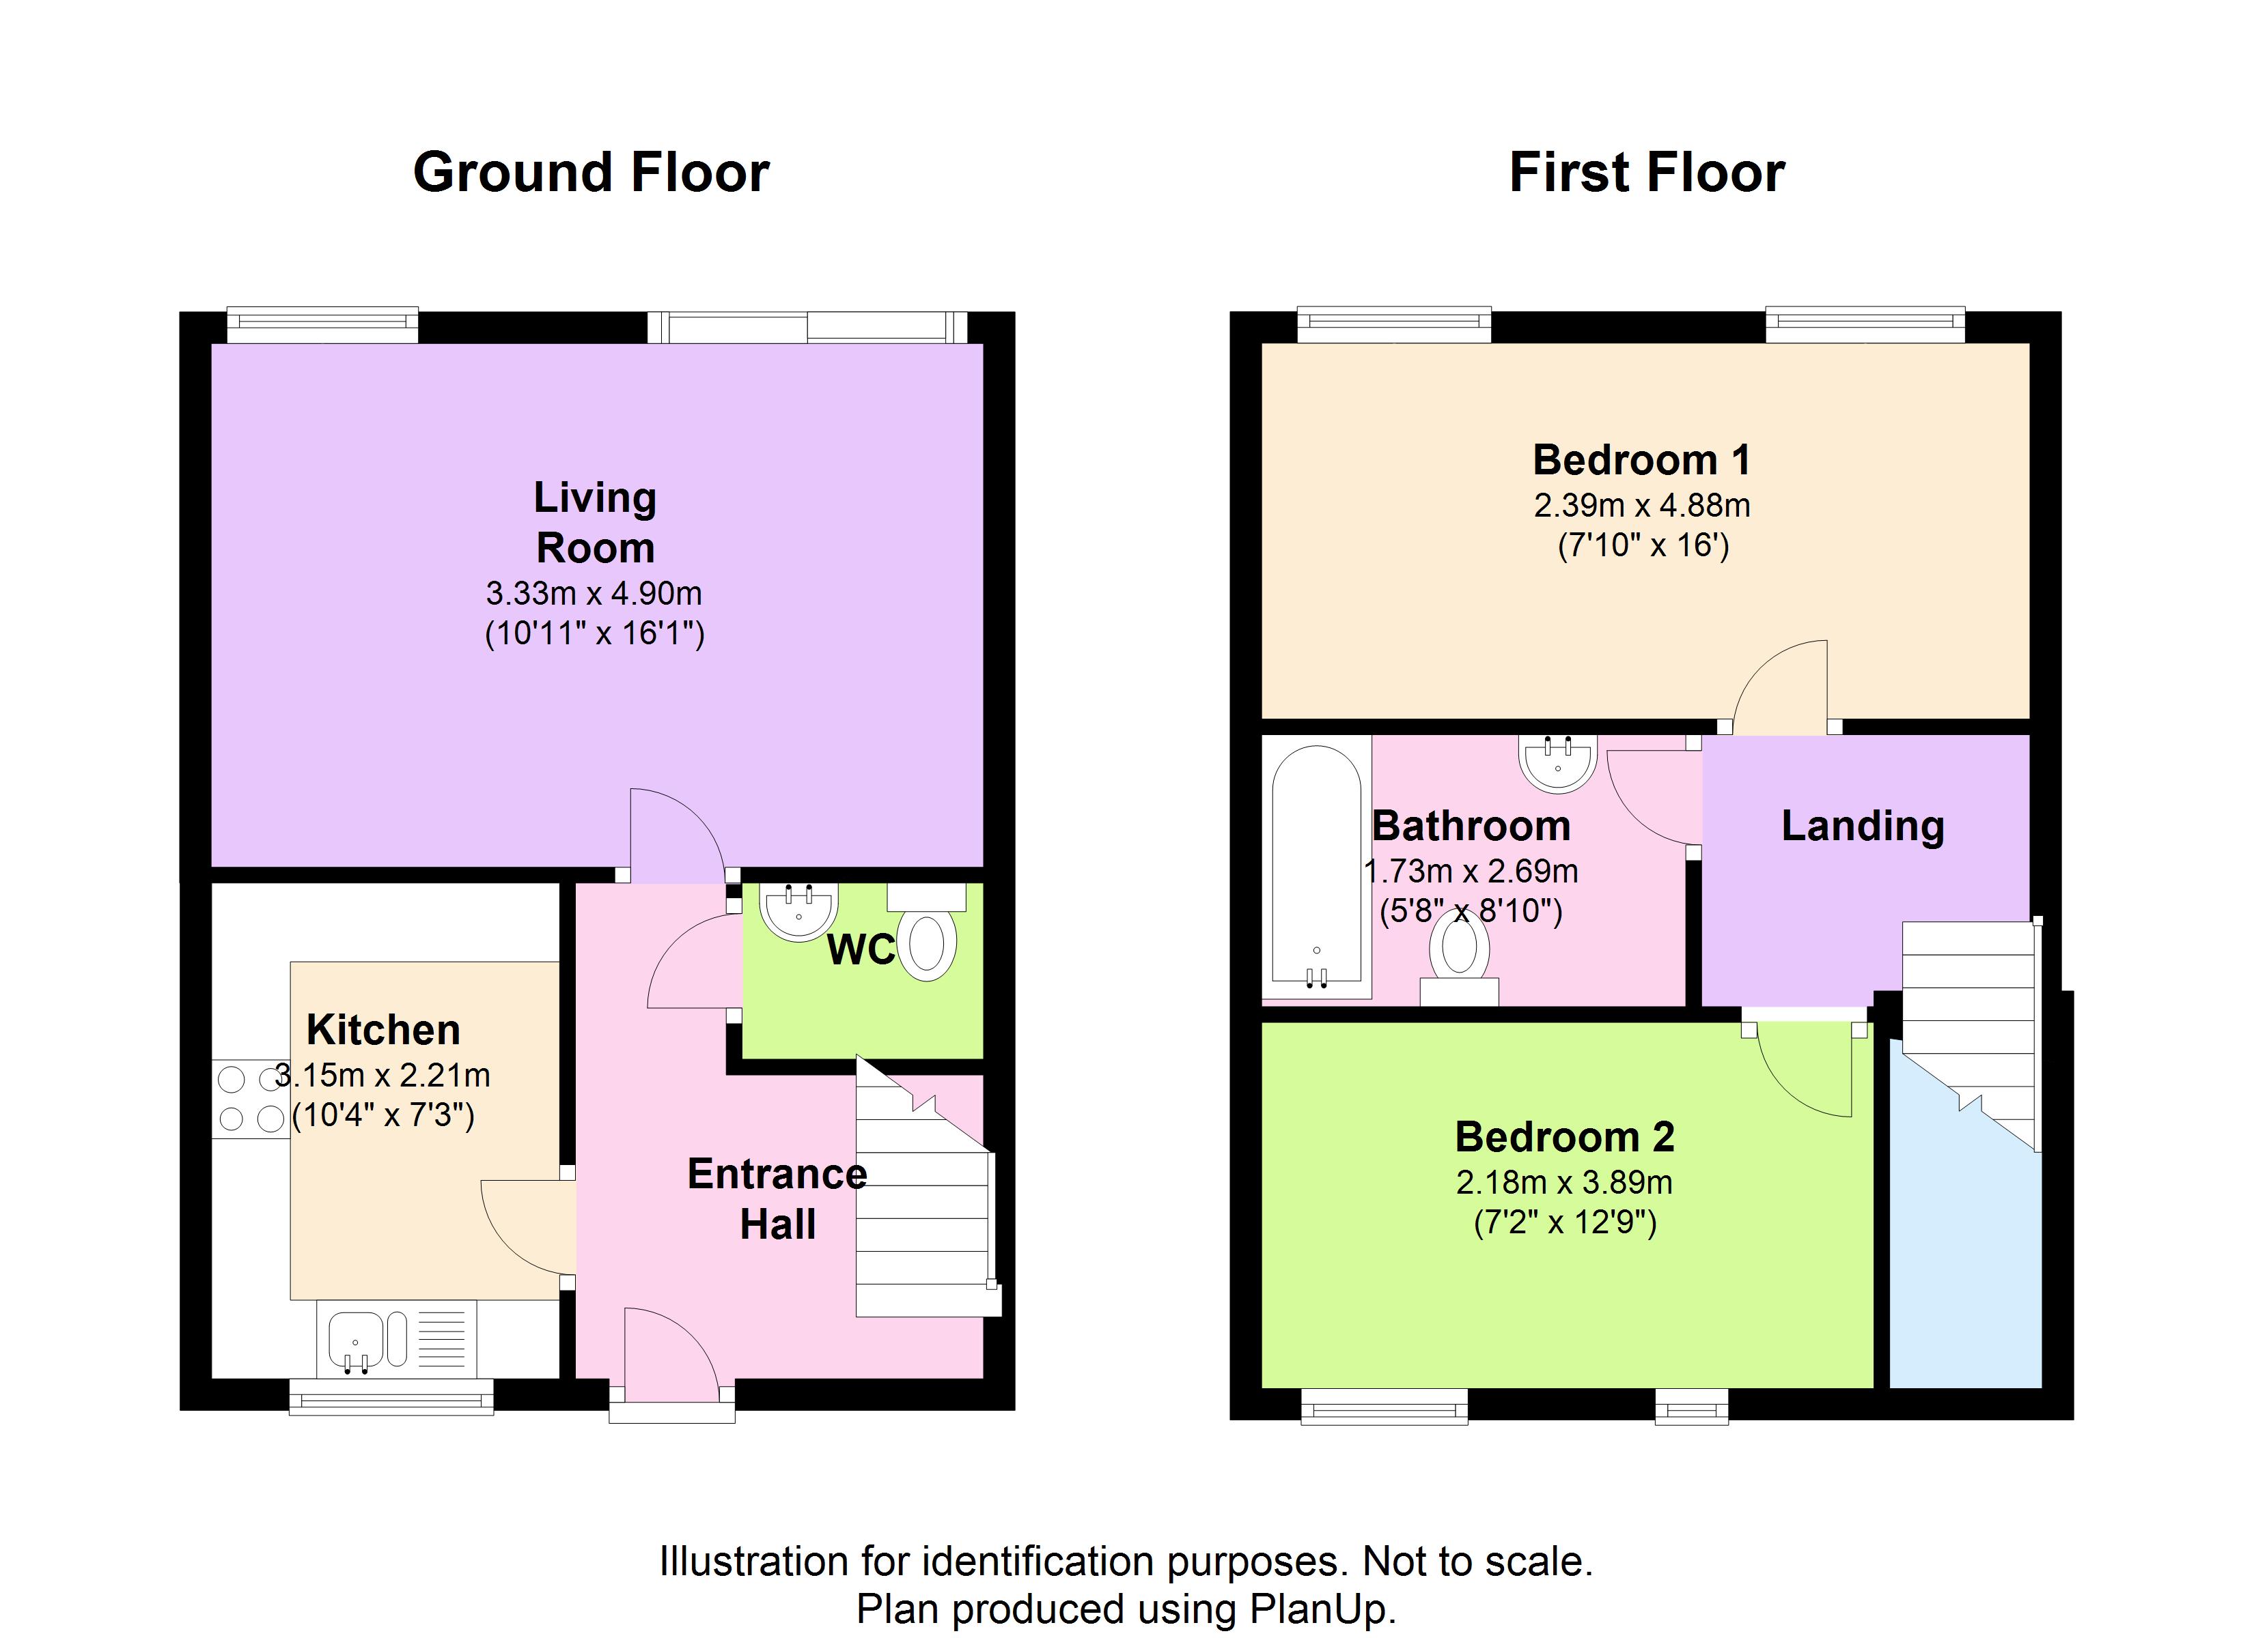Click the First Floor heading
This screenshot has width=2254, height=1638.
[x=1646, y=173]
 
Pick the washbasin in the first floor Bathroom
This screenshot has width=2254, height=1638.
[x=1557, y=763]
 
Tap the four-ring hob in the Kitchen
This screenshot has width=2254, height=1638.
[x=251, y=1100]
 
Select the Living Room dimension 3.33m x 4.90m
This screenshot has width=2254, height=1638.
[x=594, y=594]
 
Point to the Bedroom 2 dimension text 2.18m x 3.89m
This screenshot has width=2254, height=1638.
[x=1563, y=1182]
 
